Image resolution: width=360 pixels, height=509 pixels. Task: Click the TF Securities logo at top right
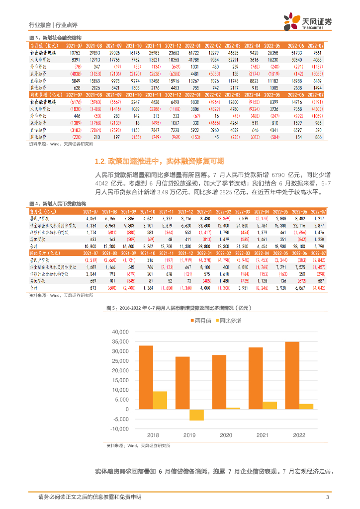pos(307,21)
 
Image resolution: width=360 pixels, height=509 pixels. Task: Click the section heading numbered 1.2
pos(159,161)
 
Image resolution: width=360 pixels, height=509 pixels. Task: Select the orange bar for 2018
pos(146,377)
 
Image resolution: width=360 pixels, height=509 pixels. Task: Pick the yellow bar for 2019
pos(182,415)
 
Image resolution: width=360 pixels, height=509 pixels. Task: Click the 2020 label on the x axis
pos(226,435)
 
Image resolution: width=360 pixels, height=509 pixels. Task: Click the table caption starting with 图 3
pos(55,38)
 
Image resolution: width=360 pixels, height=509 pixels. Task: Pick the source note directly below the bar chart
pos(138,446)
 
